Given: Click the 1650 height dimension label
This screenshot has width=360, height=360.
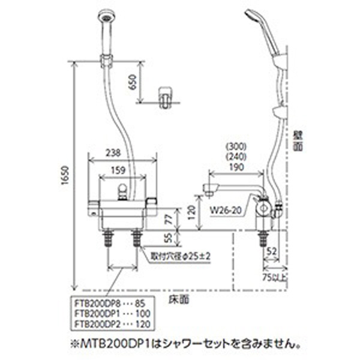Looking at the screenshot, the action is (65, 175).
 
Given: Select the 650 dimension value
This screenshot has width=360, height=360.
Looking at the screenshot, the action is (133, 82).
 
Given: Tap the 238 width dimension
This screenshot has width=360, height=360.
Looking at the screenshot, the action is (113, 153).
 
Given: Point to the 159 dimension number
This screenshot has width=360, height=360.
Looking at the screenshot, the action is (118, 170).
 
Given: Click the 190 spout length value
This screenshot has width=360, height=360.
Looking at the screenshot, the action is (236, 167).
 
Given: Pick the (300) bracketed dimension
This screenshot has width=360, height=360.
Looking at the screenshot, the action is (236, 146).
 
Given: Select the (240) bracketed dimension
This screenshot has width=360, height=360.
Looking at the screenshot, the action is (236, 157).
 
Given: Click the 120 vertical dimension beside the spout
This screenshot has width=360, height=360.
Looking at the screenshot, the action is (191, 212).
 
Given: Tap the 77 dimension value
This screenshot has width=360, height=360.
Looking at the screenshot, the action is (169, 219).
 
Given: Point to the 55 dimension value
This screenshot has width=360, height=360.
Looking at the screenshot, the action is (169, 238).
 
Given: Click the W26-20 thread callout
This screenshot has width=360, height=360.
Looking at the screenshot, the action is (226, 211).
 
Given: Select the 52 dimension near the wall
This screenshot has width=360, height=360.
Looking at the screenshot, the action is (272, 251).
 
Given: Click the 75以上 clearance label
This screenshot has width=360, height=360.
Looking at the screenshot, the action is (275, 278).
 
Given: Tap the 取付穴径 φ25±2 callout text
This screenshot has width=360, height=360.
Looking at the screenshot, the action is (181, 256).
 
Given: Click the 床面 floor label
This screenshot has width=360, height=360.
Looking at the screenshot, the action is (179, 299).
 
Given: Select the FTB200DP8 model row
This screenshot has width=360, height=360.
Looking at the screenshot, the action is (110, 304).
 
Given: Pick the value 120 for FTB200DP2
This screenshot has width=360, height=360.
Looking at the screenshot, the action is (143, 324).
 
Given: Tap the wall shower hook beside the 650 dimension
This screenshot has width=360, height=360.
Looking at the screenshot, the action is (166, 97).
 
